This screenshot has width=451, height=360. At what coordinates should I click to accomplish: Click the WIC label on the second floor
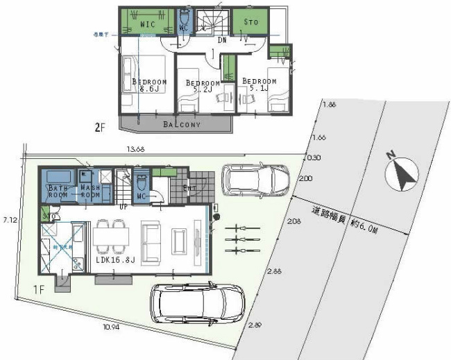pos(147,25)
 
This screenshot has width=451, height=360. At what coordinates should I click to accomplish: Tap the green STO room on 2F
pos(250,23)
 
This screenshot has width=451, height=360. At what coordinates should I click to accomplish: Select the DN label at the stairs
pos(223,41)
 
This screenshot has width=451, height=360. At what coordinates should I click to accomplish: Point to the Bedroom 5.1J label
pos(259,85)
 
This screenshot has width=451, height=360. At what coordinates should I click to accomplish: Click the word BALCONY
pos(182,125)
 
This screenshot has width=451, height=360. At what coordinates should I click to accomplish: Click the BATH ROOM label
pos(58,191)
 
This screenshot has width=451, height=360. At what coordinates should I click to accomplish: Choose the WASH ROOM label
pos(91,191)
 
